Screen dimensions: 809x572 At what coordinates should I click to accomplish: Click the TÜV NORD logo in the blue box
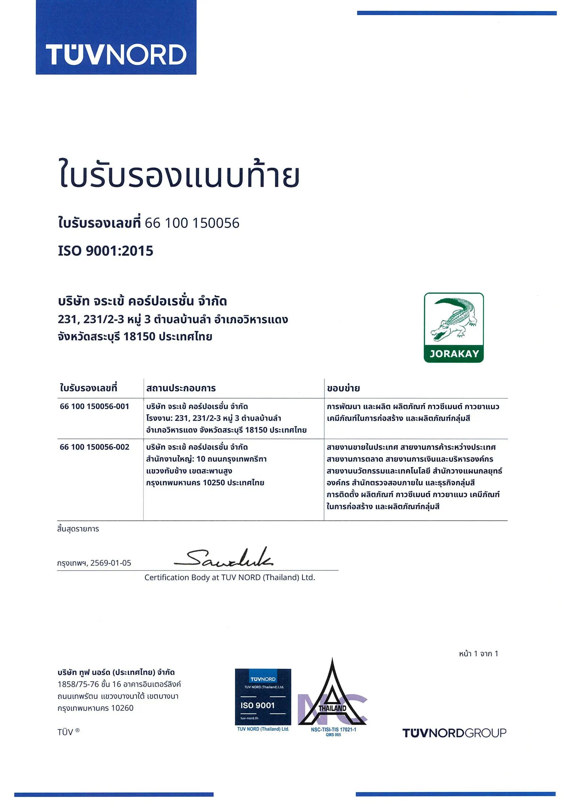(116, 55)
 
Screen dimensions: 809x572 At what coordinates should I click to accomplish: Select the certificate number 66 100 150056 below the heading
(192, 223)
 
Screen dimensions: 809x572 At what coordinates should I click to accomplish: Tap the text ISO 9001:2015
(106, 251)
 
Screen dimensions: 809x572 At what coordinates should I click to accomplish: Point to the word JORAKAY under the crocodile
(454, 354)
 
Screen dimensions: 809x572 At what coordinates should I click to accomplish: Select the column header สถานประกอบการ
(181, 388)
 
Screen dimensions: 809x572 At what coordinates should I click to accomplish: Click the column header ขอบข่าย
(343, 388)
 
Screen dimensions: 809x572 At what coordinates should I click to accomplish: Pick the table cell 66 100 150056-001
(94, 406)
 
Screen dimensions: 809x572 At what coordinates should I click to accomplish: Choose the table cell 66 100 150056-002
(94, 447)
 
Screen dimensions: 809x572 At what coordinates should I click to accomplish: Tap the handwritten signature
(223, 558)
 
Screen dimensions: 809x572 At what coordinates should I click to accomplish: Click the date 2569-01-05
(111, 563)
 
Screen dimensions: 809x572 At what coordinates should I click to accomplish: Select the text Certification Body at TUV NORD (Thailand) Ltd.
(230, 577)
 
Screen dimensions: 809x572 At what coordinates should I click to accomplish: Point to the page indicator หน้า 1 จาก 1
(478, 654)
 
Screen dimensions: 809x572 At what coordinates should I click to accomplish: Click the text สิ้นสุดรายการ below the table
(78, 529)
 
